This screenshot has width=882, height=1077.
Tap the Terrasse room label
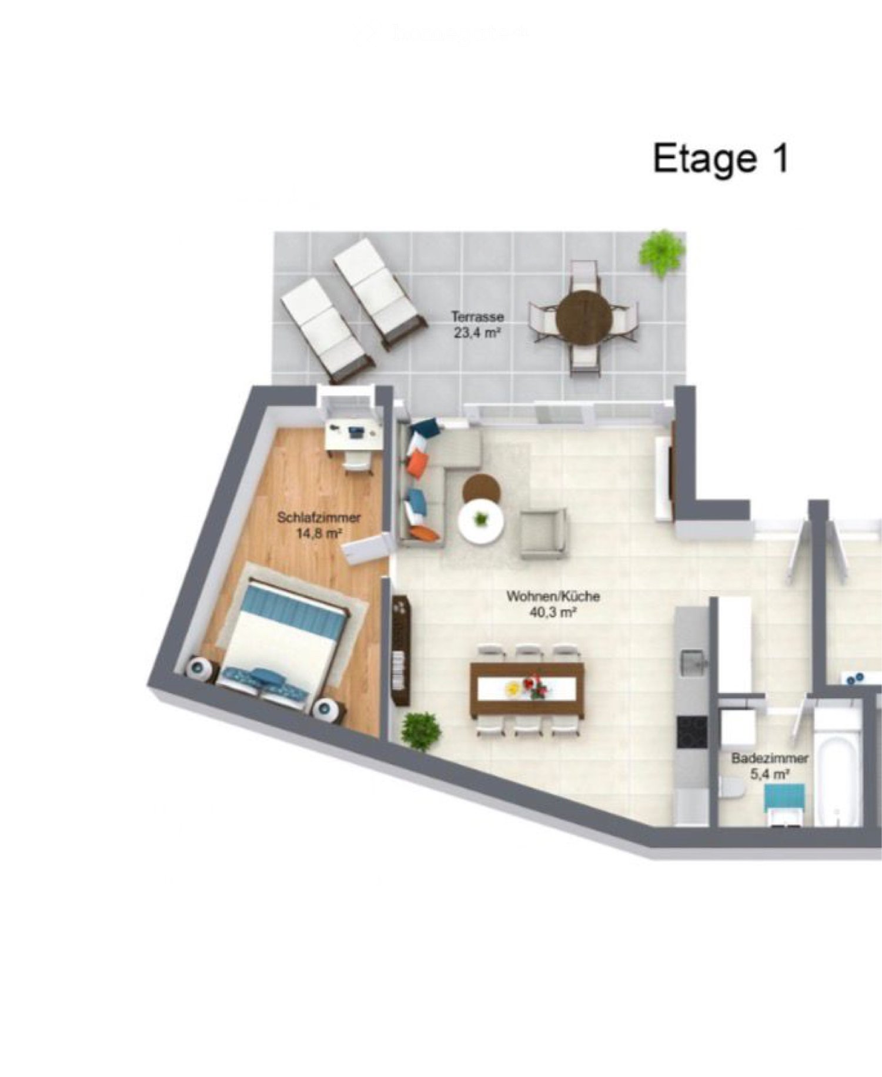477,316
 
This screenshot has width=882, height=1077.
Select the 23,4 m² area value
477,333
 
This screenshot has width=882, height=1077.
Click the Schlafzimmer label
319,518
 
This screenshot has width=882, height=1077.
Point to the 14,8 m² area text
319,534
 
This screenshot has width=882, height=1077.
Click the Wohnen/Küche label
553,596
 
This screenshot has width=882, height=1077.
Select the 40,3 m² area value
553,613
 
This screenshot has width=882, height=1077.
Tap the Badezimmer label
770,758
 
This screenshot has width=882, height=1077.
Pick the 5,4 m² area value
769,774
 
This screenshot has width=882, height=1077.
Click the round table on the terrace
584,316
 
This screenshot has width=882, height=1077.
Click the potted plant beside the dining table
420,731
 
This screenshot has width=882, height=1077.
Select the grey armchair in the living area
543,533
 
